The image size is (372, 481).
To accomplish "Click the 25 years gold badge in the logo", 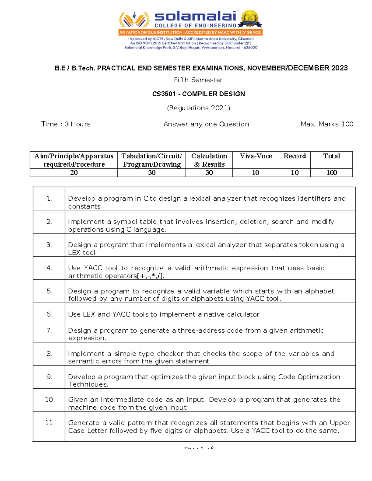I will (x=250, y=19).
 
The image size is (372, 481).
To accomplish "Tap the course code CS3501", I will (x=164, y=94).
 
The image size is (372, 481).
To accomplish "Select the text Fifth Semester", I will (x=198, y=80).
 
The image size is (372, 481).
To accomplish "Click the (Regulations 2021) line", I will (x=198, y=108).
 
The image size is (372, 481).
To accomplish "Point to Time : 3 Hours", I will (x=66, y=124).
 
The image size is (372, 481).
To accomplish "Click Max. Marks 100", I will (x=327, y=124).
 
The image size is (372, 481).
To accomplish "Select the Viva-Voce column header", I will (x=255, y=156).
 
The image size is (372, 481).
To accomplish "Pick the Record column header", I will (x=294, y=156).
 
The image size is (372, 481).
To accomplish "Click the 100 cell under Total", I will (x=331, y=173).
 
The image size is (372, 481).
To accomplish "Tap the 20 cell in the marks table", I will (x=74, y=173).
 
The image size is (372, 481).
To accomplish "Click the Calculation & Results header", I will (x=209, y=160).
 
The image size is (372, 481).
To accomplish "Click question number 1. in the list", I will (x=49, y=199).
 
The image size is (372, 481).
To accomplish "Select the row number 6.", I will (x=49, y=314).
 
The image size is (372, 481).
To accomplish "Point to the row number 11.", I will (x=50, y=422).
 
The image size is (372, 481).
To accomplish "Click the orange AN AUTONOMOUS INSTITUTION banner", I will (x=190, y=32).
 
